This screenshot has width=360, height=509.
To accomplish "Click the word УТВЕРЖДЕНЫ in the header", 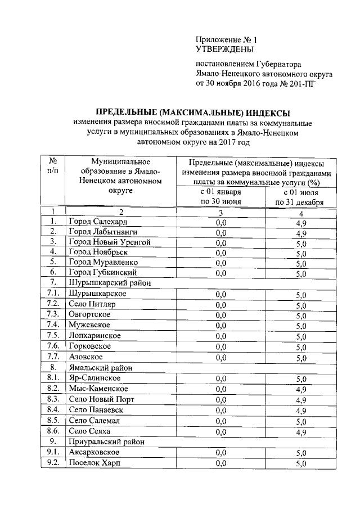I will pyautogui.click(x=221, y=49).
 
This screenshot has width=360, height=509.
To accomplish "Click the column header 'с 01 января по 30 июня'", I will pyautogui.click(x=220, y=197).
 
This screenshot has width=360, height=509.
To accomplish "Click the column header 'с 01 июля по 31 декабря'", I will pyautogui.click(x=300, y=197).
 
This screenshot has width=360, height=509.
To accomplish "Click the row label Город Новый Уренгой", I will pyautogui.click(x=110, y=242).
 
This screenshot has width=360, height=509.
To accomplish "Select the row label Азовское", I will pyautogui.click(x=85, y=357).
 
